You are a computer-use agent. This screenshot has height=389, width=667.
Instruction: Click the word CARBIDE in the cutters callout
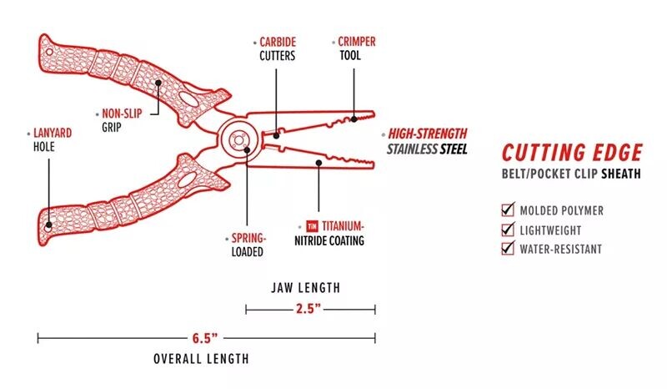tap(278, 43)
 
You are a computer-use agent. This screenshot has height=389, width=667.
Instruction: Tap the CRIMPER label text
tap(357, 42)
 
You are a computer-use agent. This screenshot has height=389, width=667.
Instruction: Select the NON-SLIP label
tap(122, 114)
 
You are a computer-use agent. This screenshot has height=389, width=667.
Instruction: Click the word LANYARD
tap(53, 133)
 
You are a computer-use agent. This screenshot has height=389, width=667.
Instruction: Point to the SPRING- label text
tap(248, 238)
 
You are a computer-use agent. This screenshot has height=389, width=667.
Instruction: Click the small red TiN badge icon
tap(312, 226)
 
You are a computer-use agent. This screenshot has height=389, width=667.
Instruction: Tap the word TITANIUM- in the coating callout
tap(343, 226)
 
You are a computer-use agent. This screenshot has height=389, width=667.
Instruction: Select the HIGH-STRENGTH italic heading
tap(428, 134)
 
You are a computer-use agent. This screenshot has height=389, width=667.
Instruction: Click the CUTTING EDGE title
tap(572, 153)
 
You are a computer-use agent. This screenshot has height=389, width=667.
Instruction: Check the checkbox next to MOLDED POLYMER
tap(508, 210)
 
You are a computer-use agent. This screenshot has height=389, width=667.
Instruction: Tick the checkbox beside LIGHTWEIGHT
tap(508, 229)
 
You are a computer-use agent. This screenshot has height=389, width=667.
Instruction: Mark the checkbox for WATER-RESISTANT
tap(508, 248)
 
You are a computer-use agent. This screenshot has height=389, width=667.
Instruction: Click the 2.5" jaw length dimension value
tap(308, 309)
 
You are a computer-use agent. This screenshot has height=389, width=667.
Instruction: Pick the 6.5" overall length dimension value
tap(204, 338)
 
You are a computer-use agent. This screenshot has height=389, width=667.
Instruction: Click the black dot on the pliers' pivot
tap(247, 149)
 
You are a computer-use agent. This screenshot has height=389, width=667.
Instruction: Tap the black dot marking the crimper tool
tap(354, 119)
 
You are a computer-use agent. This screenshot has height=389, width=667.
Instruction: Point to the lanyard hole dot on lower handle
tap(49, 225)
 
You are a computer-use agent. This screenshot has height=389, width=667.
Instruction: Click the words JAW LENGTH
tap(306, 288)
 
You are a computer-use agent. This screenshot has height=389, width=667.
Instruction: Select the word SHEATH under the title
tap(621, 174)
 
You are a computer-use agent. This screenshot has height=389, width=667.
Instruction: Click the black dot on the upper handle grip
tap(158, 83)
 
